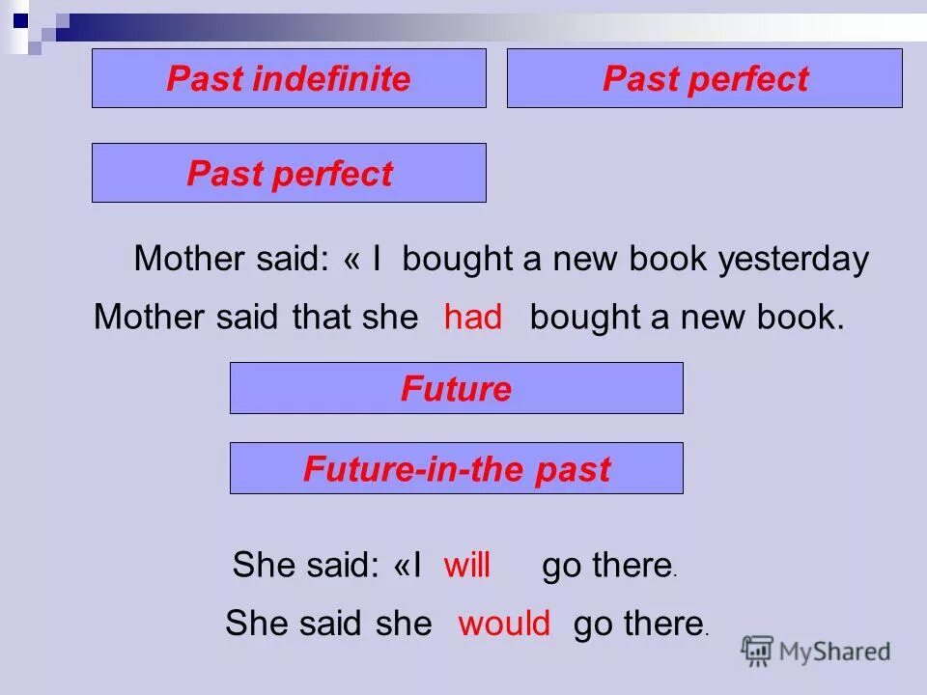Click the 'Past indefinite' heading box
click(x=289, y=78)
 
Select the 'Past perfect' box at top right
click(x=704, y=78)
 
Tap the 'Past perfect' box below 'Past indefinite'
click(x=289, y=173)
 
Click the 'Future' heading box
click(x=456, y=388)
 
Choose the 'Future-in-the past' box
click(x=456, y=468)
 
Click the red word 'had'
click(x=473, y=318)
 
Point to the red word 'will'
click(x=467, y=565)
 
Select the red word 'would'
click(x=504, y=624)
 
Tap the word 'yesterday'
click(x=793, y=259)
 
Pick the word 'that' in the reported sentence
click(x=323, y=318)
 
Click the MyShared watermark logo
click(x=816, y=651)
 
